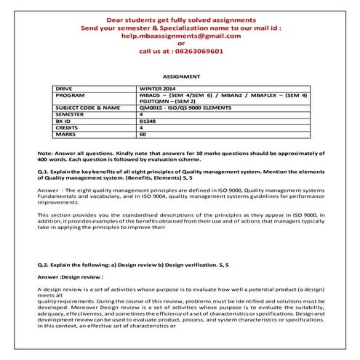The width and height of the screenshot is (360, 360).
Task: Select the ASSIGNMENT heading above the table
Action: [180, 76]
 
